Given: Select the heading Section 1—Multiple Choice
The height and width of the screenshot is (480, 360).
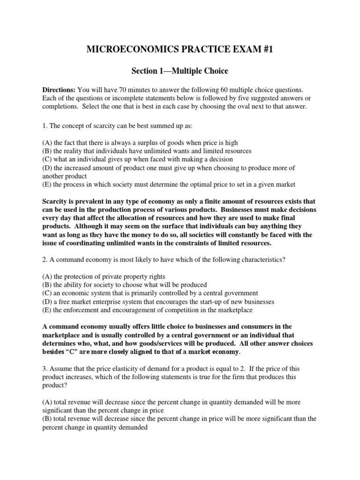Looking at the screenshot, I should point(180,71).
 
